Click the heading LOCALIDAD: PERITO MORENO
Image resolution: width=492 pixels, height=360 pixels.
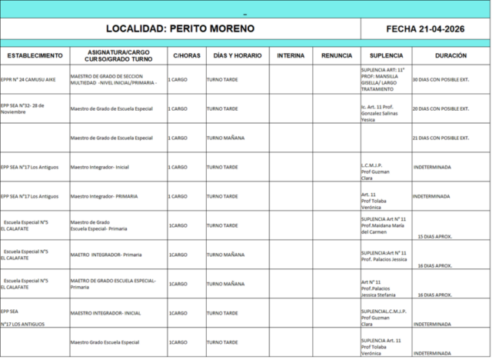(180, 28)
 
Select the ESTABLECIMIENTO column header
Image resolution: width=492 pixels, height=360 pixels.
(35, 56)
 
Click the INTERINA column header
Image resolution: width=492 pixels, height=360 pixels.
(290, 56)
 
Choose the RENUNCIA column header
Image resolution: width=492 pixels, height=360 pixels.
(337, 56)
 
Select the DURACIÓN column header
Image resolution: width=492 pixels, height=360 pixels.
(450, 56)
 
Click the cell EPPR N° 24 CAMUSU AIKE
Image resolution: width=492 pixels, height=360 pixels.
(31, 79)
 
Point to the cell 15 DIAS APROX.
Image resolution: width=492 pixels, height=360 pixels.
(434, 237)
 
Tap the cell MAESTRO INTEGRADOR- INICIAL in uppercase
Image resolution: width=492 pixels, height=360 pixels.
(105, 313)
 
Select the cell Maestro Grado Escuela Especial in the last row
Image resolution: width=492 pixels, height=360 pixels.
(104, 342)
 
